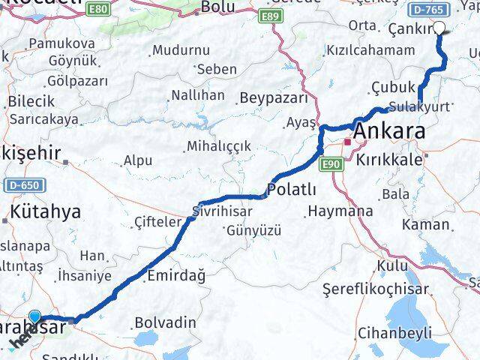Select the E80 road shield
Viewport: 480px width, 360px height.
coord(96,10)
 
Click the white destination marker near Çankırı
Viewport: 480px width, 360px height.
coord(439,29)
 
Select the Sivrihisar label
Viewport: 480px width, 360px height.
coord(217,209)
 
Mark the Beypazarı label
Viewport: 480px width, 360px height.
coord(274,98)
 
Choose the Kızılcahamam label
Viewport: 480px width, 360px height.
coord(370,50)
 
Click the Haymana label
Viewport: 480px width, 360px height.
coord(340,211)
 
